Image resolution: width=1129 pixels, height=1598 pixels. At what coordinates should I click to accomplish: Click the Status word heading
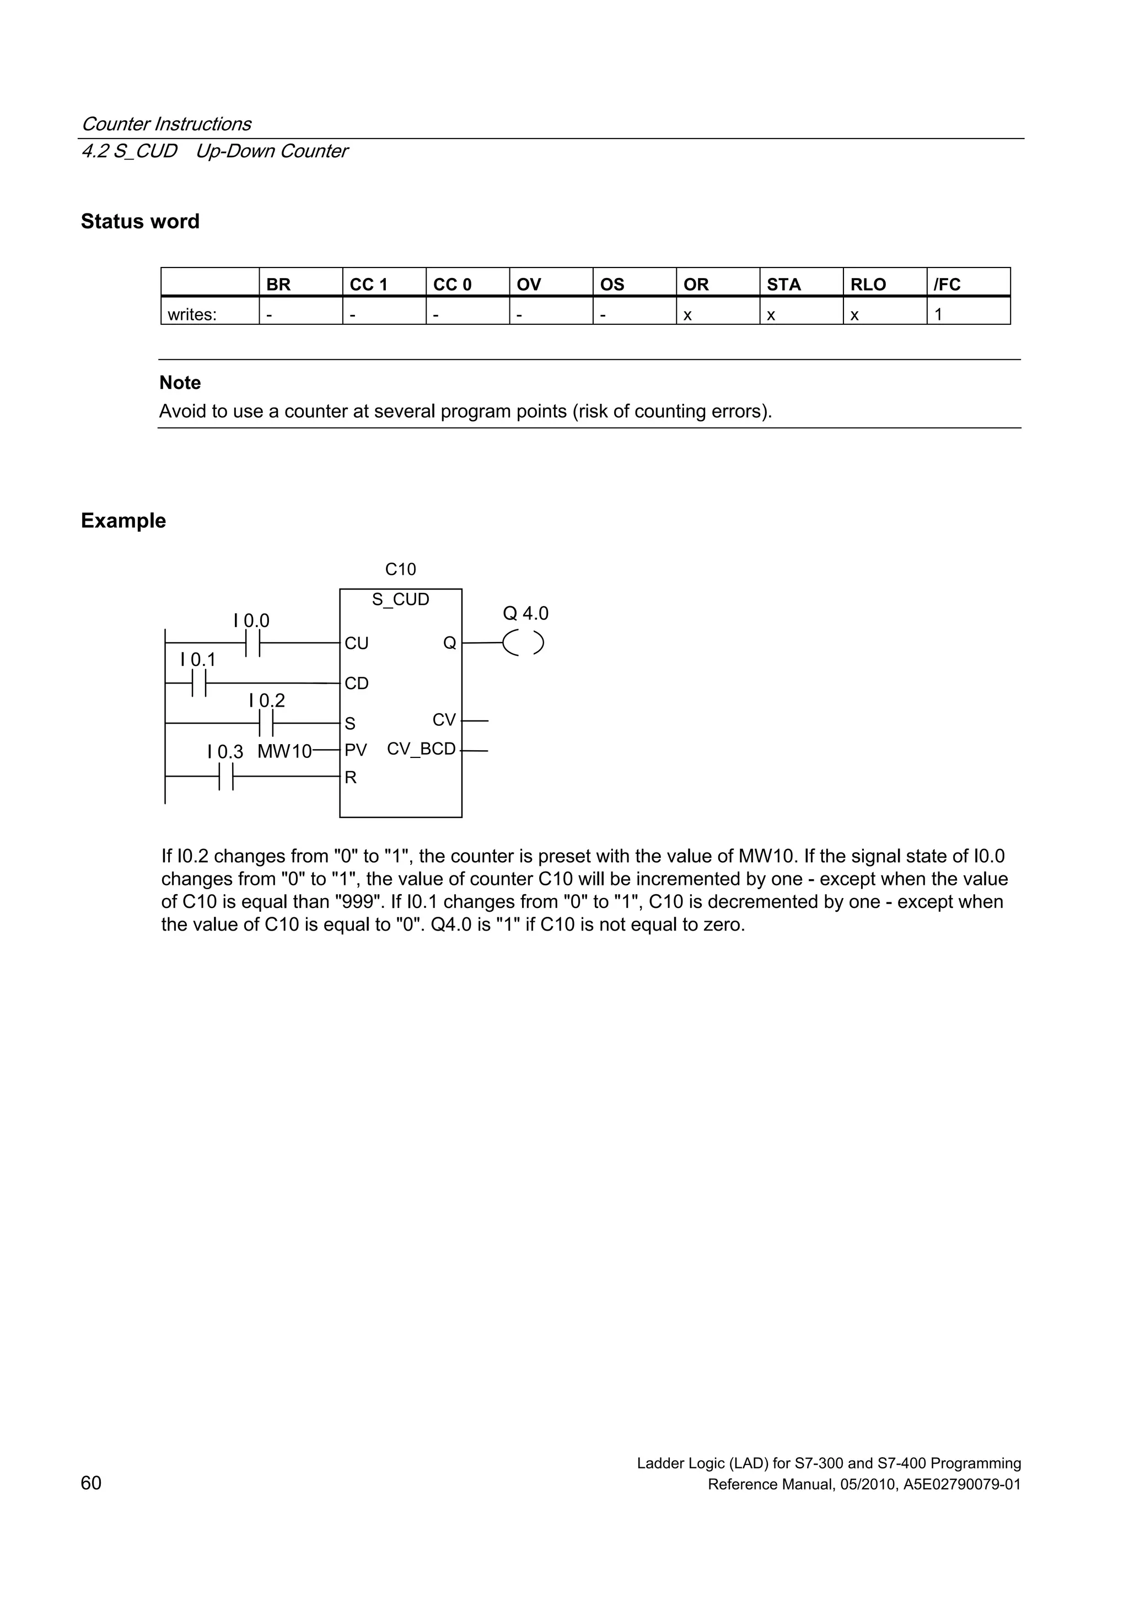pyautogui.click(x=140, y=221)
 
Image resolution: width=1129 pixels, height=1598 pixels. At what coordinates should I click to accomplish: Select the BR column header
pyautogui.click(x=278, y=284)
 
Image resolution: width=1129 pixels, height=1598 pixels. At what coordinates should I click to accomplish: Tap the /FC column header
pyautogui.click(x=947, y=284)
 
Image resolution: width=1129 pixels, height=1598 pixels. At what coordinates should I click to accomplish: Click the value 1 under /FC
pyautogui.click(x=938, y=314)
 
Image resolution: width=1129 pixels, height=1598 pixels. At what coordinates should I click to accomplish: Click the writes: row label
pyautogui.click(x=192, y=314)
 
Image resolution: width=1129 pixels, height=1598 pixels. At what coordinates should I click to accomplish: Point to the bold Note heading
pyautogui.click(x=180, y=383)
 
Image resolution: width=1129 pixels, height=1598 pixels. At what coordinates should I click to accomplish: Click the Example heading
pyautogui.click(x=123, y=521)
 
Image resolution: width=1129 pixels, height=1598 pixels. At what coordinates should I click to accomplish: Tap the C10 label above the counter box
pyautogui.click(x=400, y=569)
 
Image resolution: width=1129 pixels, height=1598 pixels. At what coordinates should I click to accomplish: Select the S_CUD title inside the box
pyautogui.click(x=400, y=599)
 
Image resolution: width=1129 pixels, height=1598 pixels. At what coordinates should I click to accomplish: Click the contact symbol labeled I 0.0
pyautogui.click(x=252, y=644)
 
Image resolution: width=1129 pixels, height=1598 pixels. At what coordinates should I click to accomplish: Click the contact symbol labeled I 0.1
pyautogui.click(x=198, y=683)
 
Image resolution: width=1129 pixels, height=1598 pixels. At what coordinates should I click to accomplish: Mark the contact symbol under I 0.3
pyautogui.click(x=225, y=777)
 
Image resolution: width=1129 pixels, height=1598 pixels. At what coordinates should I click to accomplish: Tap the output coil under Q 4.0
pyautogui.click(x=523, y=644)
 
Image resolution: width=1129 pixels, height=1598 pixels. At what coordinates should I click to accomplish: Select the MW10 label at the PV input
pyautogui.click(x=284, y=752)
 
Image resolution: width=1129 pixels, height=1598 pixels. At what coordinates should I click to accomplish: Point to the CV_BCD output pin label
pyautogui.click(x=421, y=749)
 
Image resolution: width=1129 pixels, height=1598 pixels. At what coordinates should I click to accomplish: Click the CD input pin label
pyautogui.click(x=356, y=683)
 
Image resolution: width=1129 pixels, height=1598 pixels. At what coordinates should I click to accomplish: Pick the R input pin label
pyautogui.click(x=351, y=777)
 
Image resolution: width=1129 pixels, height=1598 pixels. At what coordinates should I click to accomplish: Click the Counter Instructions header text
pyautogui.click(x=166, y=124)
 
